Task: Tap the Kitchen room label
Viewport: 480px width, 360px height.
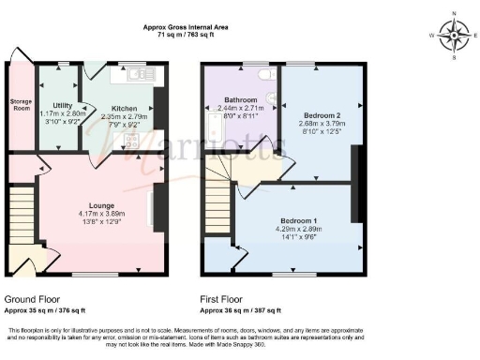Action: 126,108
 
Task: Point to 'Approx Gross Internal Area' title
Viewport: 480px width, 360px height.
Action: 186,27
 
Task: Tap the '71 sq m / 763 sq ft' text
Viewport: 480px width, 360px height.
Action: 186,36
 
